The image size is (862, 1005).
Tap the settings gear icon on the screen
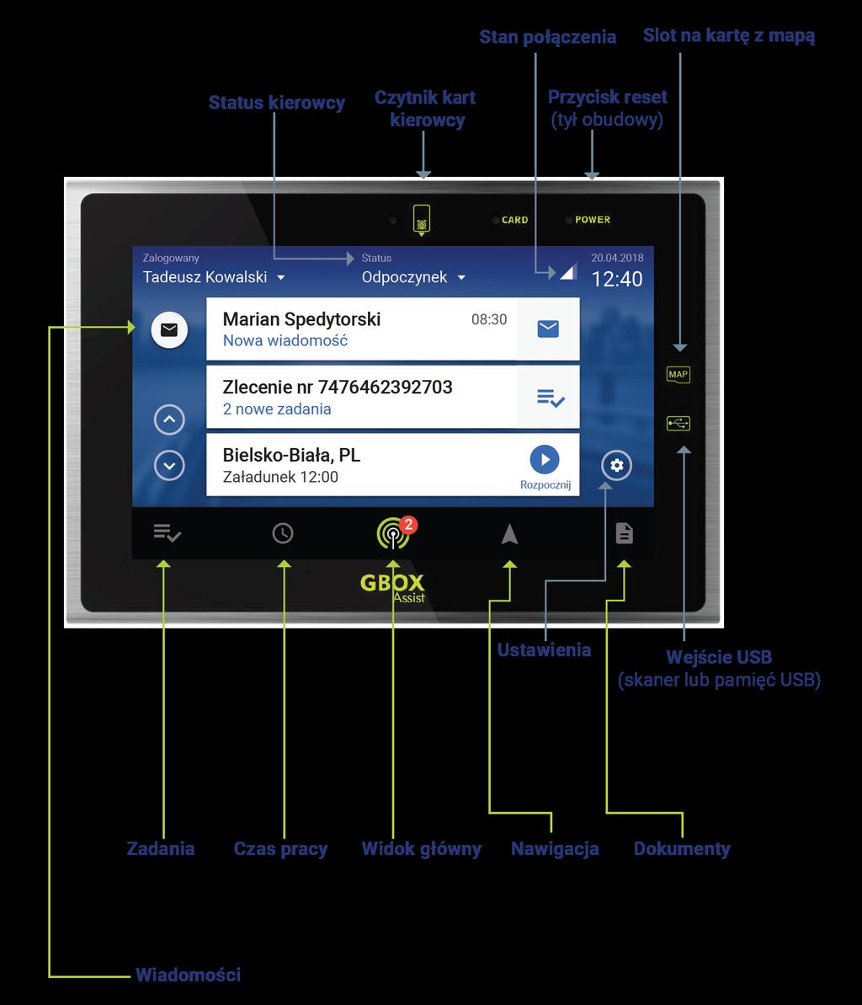617,465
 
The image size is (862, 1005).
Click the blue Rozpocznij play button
545,460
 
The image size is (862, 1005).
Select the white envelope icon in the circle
169,329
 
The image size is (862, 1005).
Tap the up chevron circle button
169,420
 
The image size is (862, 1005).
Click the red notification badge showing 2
408,524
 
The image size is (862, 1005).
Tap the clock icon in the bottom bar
283,533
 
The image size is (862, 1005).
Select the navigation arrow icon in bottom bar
510,533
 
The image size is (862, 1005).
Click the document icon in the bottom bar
625,533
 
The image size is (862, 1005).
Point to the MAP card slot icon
678,374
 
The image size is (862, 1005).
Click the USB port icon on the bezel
678,423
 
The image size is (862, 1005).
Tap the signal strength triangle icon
568,272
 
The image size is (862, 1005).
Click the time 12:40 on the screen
617,280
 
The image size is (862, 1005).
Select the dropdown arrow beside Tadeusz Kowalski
280,277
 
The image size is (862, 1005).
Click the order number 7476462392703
385,388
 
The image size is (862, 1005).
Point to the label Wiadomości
189,975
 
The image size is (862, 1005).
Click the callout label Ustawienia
545,650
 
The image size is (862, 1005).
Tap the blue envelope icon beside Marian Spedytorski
548,329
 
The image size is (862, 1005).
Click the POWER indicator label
593,220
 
